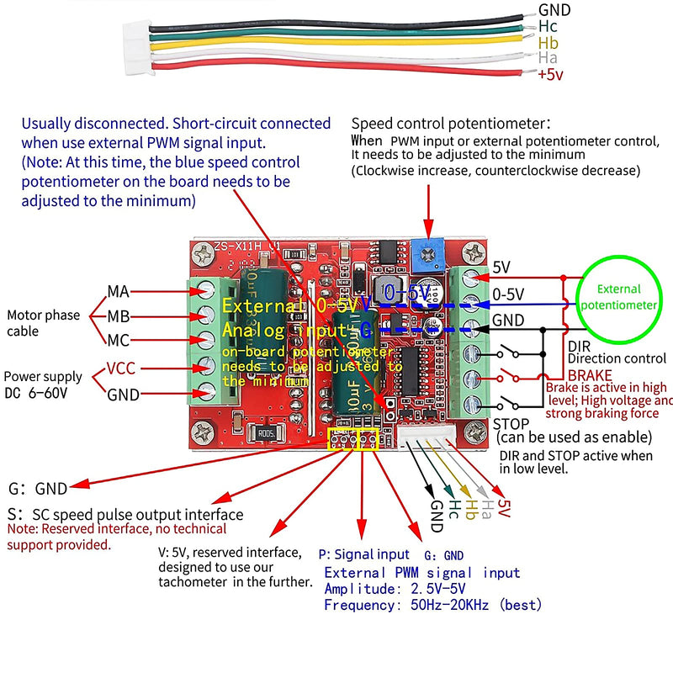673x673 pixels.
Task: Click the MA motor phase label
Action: [x=118, y=291]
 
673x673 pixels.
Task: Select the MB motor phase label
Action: [x=118, y=316]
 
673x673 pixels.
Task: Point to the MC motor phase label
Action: [x=118, y=341]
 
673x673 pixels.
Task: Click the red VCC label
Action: [x=122, y=368]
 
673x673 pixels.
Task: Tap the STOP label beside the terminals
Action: [x=511, y=424]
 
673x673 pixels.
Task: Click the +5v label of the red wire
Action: [x=551, y=75]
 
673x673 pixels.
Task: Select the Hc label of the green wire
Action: [x=548, y=27]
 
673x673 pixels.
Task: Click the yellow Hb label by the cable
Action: [x=548, y=43]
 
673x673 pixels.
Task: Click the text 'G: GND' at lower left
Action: [x=38, y=488]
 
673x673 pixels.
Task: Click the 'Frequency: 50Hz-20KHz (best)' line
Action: [x=432, y=605]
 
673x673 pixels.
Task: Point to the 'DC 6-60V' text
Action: [x=38, y=393]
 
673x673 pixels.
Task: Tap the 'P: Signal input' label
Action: [x=363, y=554]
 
